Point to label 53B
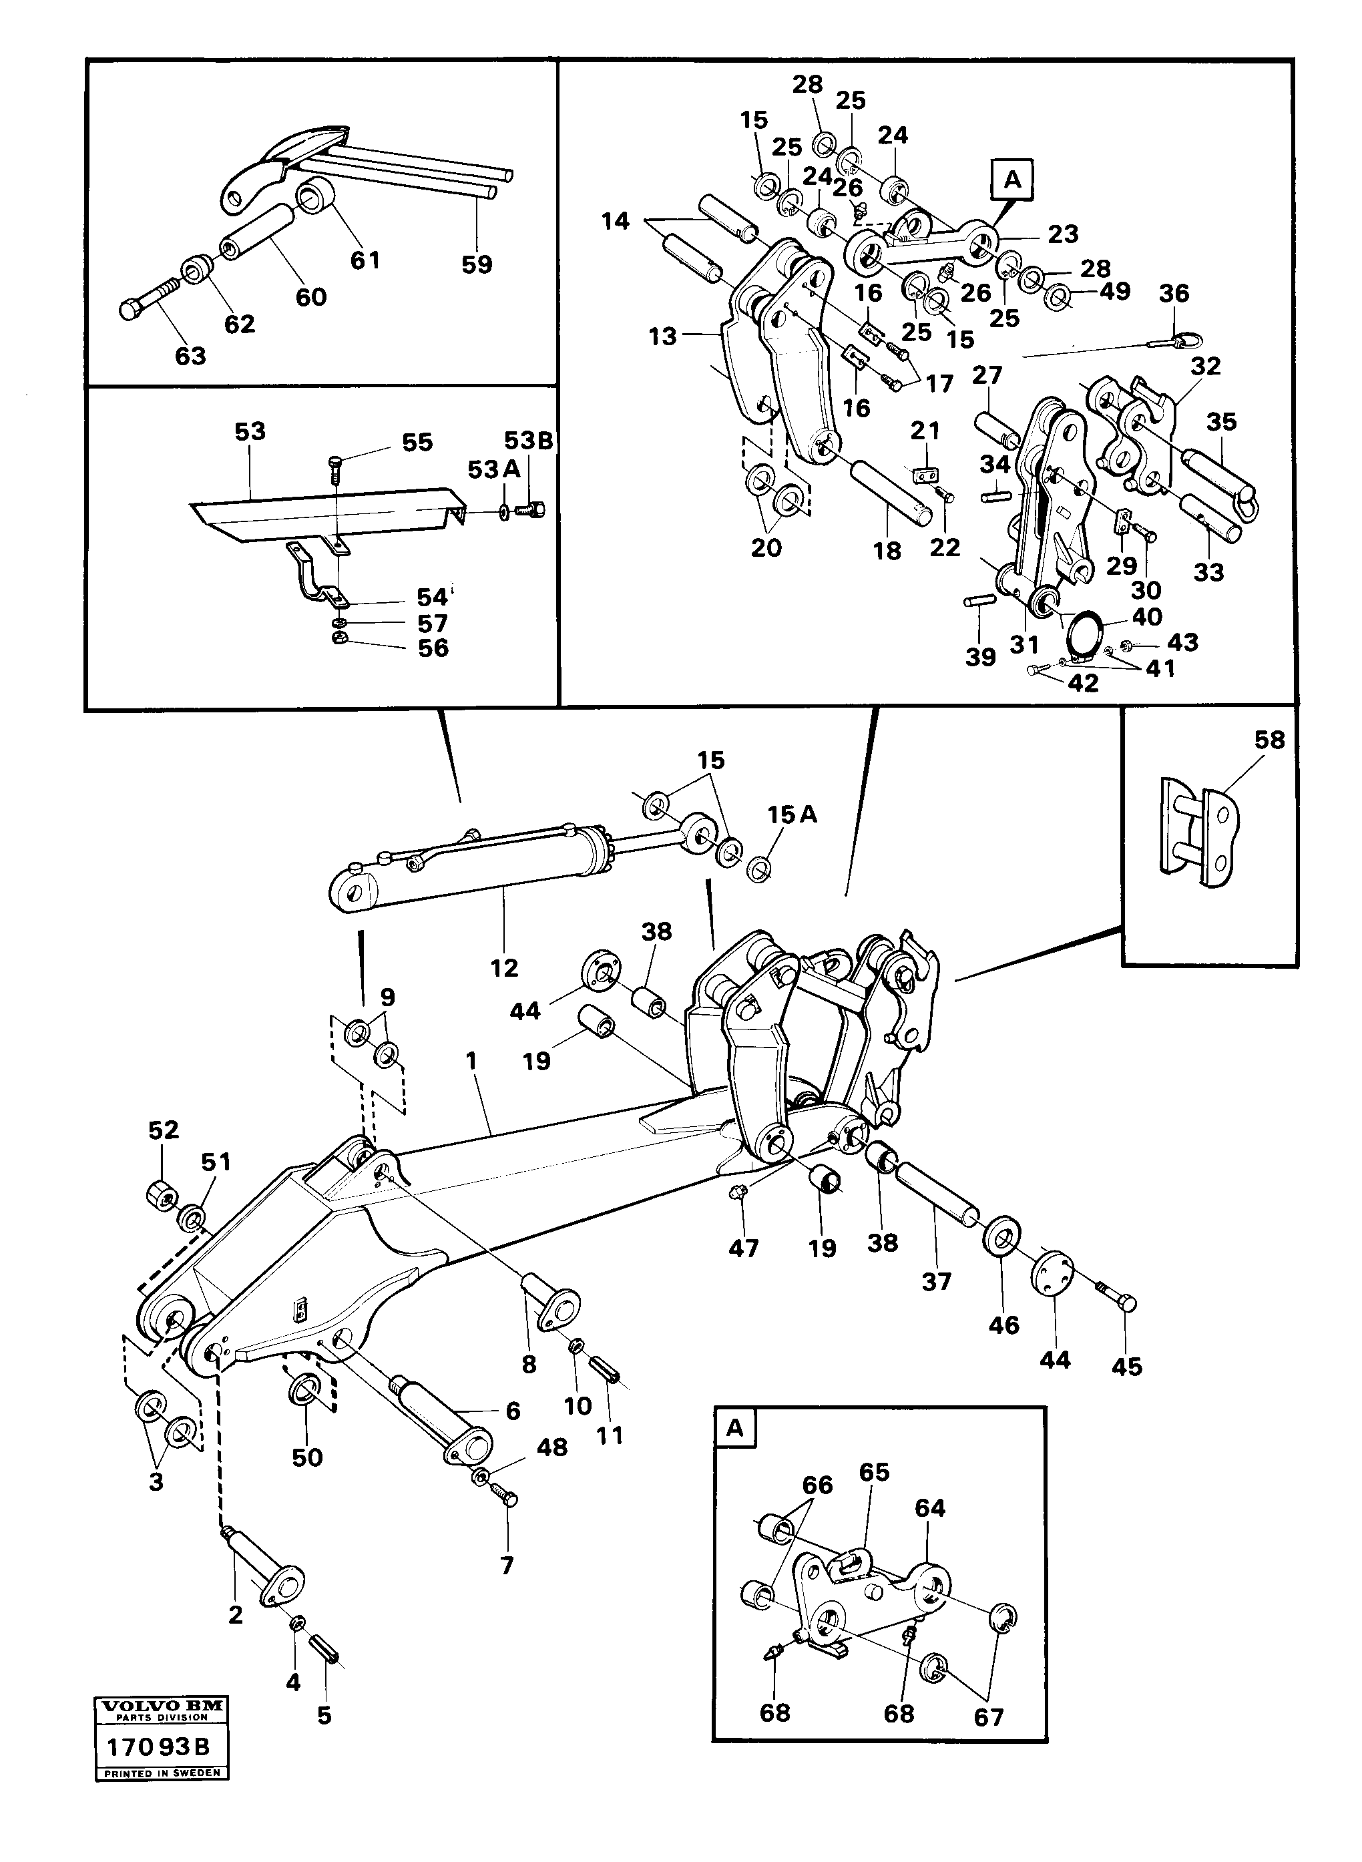coord(529,441)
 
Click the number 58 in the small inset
coord(1269,740)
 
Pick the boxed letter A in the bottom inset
coord(734,1429)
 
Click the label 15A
coord(792,814)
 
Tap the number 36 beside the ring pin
coord(1174,294)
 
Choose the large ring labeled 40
coord(1079,632)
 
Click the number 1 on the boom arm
coord(471,1060)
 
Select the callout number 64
coord(930,1508)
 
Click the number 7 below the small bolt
coord(507,1566)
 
